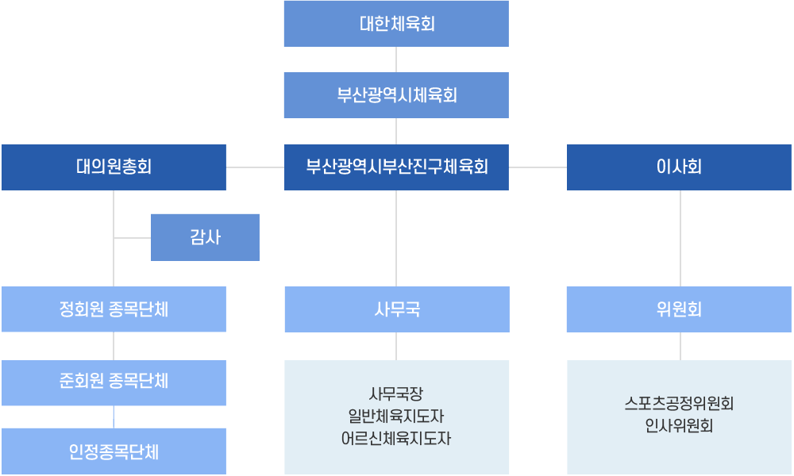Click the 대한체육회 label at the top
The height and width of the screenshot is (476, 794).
pyautogui.click(x=396, y=24)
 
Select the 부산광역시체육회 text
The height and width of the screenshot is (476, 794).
pyautogui.click(x=396, y=96)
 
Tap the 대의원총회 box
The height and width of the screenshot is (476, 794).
pyautogui.click(x=114, y=167)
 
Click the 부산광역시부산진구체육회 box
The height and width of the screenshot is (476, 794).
pyautogui.click(x=396, y=167)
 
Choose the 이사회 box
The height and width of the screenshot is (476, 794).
pyautogui.click(x=679, y=167)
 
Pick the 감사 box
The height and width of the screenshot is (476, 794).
pyautogui.click(x=206, y=236)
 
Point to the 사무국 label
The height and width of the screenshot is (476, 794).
pyautogui.click(x=396, y=309)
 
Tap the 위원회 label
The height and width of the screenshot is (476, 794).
pyautogui.click(x=679, y=309)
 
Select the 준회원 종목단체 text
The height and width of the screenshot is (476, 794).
pyautogui.click(x=114, y=381)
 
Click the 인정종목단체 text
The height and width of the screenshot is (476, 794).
pyautogui.click(x=114, y=453)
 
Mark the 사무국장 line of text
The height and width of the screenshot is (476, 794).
pyautogui.click(x=396, y=393)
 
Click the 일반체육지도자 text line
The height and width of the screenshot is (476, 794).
pyautogui.click(x=396, y=416)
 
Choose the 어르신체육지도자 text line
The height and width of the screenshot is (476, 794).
pyautogui.click(x=396, y=438)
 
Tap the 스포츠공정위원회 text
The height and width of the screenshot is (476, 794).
pyautogui.click(x=679, y=404)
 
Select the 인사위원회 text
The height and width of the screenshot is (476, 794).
pyautogui.click(x=679, y=426)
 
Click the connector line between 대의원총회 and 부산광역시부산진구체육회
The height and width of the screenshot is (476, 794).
pyautogui.click(x=255, y=167)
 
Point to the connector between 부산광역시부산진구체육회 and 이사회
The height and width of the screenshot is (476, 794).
pyautogui.click(x=538, y=167)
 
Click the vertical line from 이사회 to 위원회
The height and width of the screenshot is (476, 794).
pyautogui.click(x=680, y=238)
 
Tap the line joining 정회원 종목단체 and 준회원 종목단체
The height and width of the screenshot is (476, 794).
pyautogui.click(x=114, y=346)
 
